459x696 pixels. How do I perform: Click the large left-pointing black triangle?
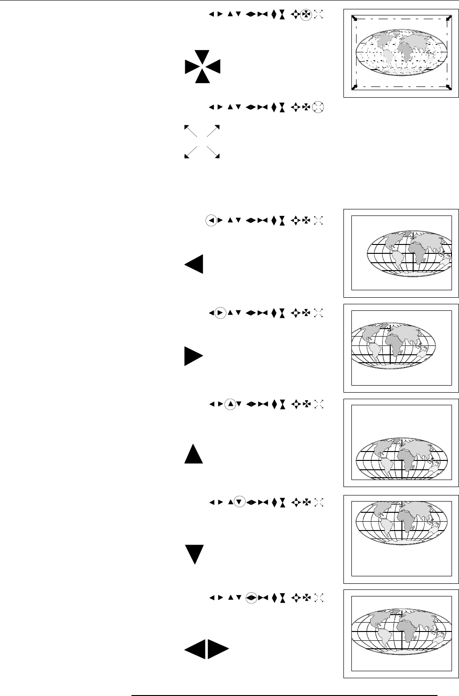195,265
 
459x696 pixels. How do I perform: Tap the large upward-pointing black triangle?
193,453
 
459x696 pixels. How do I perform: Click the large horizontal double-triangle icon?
206,650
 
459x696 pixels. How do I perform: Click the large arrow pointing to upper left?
191,131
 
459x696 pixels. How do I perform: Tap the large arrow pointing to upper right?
213,131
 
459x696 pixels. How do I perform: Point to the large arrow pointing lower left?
191,151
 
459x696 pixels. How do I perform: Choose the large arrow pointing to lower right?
213,151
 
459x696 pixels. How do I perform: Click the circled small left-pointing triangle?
211,221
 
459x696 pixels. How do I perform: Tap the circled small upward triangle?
230,404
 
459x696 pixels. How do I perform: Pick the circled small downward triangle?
239,502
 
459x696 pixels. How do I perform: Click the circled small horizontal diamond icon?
251,597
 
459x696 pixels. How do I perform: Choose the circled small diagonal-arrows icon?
318,107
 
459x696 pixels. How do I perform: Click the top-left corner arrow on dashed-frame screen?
355,18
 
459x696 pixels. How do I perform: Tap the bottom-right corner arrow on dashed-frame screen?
449,87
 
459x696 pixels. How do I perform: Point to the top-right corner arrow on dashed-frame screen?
449,18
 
